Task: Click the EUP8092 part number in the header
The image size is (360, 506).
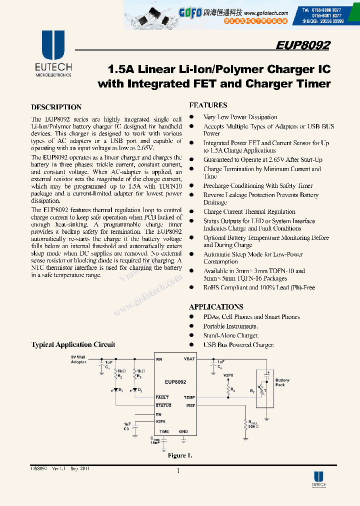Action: click(x=303, y=45)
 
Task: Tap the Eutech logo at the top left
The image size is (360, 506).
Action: click(x=53, y=52)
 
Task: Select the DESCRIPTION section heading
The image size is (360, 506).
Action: click(x=56, y=107)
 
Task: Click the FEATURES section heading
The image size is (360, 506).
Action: click(x=208, y=105)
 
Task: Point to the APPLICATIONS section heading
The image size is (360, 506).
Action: click(x=216, y=306)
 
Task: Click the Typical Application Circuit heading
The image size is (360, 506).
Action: click(x=73, y=344)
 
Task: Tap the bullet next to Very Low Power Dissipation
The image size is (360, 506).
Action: click(x=191, y=117)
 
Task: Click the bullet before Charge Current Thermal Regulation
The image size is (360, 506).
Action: click(x=191, y=212)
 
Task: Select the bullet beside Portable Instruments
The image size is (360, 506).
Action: click(x=191, y=326)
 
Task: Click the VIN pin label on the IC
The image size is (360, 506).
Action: click(x=159, y=359)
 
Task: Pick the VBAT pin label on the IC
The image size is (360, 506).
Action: click(x=189, y=359)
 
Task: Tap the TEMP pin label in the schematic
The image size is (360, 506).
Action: click(x=189, y=397)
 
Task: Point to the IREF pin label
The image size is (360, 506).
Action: click(x=190, y=405)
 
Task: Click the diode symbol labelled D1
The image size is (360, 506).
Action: click(x=116, y=389)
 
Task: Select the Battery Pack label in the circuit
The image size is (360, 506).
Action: click(x=282, y=382)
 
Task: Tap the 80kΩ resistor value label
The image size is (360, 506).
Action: click(x=253, y=427)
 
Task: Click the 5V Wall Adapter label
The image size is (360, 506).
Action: click(x=78, y=359)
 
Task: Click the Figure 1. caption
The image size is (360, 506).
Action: click(x=180, y=455)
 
